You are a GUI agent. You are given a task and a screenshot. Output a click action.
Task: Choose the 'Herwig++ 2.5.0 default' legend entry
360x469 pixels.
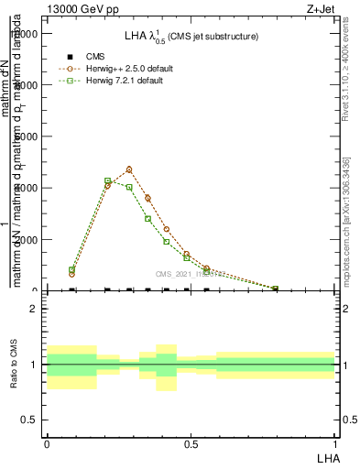coord(127,69)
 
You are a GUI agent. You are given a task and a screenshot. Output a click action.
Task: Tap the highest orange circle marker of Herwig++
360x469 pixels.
coord(129,169)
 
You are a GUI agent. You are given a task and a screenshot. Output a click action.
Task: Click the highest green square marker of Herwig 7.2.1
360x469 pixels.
coord(108,180)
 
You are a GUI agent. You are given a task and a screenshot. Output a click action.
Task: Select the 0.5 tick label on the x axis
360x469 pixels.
coord(191,443)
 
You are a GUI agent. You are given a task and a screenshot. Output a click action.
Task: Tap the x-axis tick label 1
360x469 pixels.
coord(335,443)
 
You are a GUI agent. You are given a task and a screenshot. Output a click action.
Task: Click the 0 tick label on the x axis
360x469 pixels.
coord(47,443)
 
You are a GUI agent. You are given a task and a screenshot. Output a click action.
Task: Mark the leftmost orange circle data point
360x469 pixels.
coord(72,274)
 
